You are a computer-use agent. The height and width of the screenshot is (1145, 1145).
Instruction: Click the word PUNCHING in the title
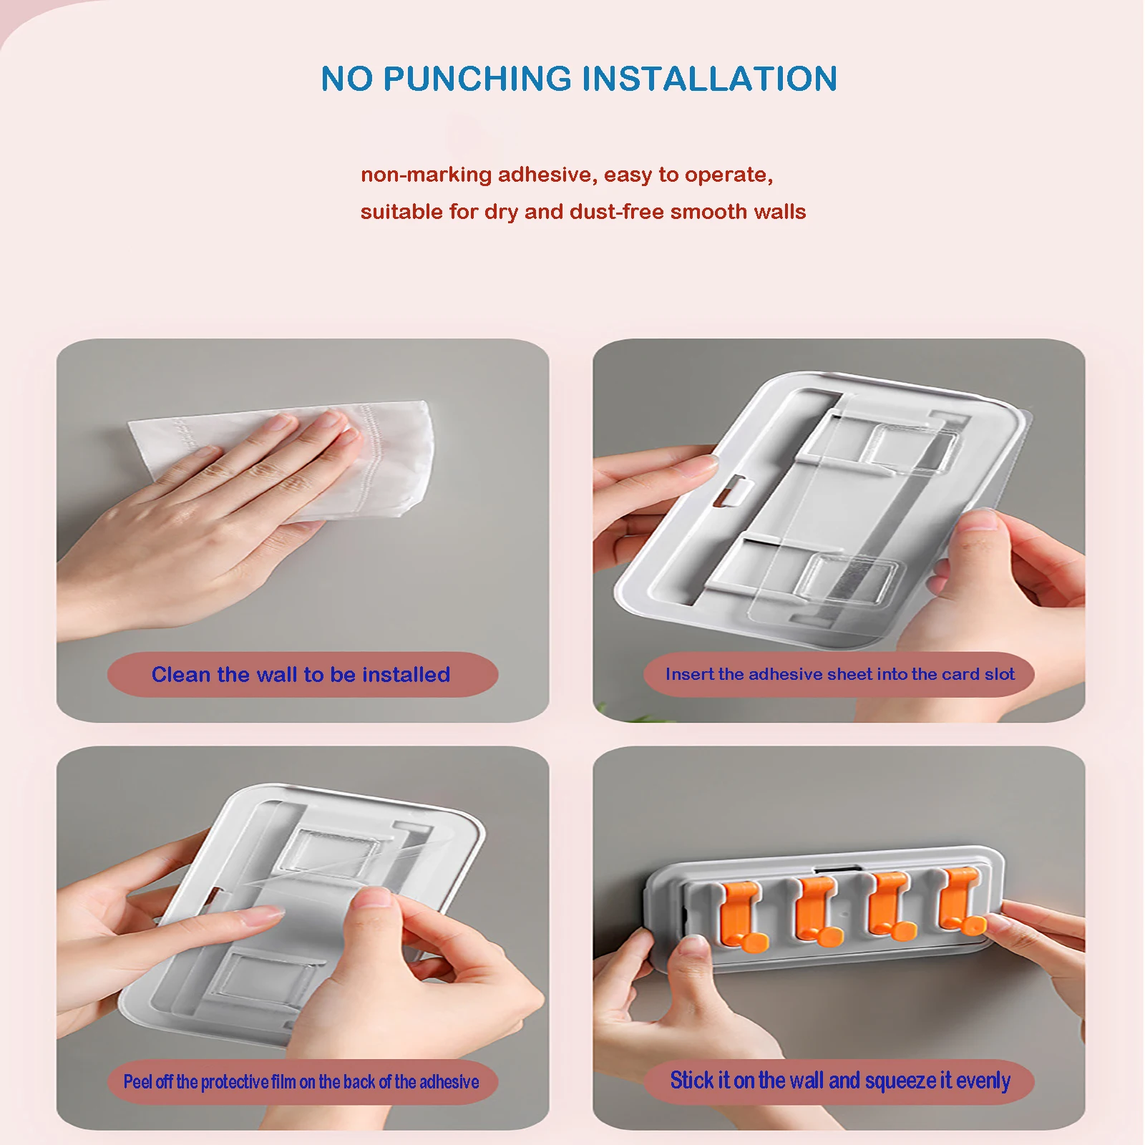(x=478, y=79)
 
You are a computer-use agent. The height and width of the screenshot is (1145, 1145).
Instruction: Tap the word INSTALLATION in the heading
(x=710, y=79)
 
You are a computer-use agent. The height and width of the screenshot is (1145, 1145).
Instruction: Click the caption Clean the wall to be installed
(x=301, y=674)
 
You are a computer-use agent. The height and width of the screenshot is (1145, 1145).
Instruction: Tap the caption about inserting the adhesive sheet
(x=840, y=674)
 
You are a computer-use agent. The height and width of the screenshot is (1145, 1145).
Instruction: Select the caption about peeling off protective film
(x=301, y=1081)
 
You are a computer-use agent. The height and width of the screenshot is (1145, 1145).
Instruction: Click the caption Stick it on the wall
(x=840, y=1081)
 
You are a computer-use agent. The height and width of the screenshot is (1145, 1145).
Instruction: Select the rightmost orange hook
(x=963, y=902)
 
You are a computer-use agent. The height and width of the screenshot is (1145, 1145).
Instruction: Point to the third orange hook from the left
(x=891, y=905)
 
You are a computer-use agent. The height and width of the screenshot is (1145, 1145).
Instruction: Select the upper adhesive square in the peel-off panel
(x=336, y=854)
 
